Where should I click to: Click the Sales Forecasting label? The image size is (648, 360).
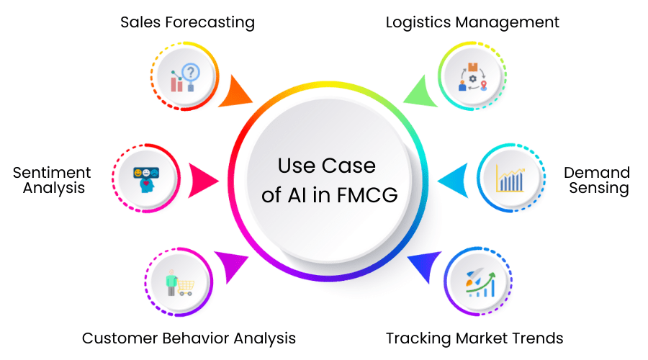[187, 22]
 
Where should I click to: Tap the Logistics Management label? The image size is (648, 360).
[472, 22]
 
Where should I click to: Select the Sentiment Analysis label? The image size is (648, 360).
[52, 180]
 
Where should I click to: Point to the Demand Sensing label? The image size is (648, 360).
[597, 180]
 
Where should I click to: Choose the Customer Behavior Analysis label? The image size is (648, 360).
[189, 338]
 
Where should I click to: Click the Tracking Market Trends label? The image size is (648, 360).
[474, 338]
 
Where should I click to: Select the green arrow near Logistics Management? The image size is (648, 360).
[418, 93]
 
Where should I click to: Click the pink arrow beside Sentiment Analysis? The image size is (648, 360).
[204, 179]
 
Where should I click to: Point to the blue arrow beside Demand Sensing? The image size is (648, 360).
[451, 179]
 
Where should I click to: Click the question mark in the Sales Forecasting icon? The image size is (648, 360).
[190, 71]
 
